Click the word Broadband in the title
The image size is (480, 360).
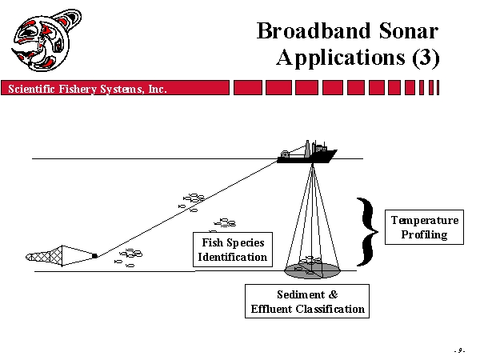[314, 30]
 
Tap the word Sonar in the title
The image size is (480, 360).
[409, 30]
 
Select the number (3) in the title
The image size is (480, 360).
[426, 58]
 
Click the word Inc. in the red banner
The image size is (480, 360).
[158, 89]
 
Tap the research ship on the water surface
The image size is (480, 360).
[307, 152]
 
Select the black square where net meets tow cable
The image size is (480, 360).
[95, 256]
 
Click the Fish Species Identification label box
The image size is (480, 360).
[233, 250]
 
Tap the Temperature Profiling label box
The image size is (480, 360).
[424, 227]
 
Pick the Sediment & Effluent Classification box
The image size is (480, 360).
[307, 302]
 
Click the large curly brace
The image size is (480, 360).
[368, 232]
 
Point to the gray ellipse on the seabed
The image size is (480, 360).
[312, 270]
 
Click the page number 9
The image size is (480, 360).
[459, 350]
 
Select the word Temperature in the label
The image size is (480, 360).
[425, 221]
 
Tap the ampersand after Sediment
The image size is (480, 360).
[334, 294]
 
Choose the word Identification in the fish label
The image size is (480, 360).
[233, 257]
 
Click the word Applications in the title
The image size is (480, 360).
[341, 58]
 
